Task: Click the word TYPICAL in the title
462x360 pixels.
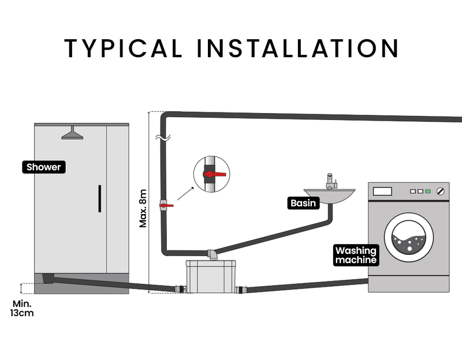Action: coord(121,48)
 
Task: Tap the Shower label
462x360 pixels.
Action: coord(43,167)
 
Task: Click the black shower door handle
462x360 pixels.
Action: coord(99,200)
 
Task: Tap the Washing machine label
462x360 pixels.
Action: coord(356,255)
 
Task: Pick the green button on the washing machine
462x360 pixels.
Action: coord(427,191)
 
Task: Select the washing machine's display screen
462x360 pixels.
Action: coord(382,191)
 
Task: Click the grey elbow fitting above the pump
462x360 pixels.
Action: coord(213,254)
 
